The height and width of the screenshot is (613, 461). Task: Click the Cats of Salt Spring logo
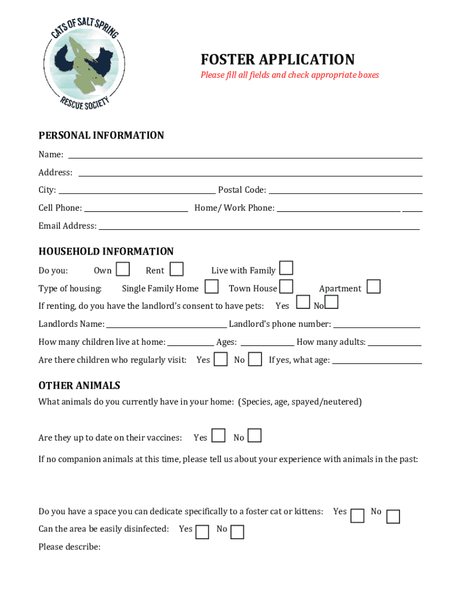pyautogui.click(x=84, y=62)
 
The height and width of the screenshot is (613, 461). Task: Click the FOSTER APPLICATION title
pyautogui.click(x=277, y=60)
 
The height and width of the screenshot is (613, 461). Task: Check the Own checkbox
pyautogui.click(x=123, y=269)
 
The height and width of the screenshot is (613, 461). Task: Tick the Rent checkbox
pyautogui.click(x=177, y=269)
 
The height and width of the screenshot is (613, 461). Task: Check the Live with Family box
pyautogui.click(x=286, y=268)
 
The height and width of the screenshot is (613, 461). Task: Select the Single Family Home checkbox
pyautogui.click(x=211, y=287)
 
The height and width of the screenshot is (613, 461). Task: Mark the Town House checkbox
pyautogui.click(x=286, y=287)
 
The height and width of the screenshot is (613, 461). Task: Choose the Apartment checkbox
pyautogui.click(x=374, y=287)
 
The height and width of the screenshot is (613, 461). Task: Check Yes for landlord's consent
pyautogui.click(x=304, y=302)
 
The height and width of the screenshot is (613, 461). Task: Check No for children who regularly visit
pyautogui.click(x=255, y=359)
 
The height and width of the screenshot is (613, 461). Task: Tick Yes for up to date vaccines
pyautogui.click(x=219, y=435)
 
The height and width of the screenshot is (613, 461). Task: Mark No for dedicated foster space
pyautogui.click(x=393, y=517)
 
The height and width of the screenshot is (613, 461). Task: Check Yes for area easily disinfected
pyautogui.click(x=202, y=532)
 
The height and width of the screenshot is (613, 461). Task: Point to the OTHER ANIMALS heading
pyautogui.click(x=79, y=386)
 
